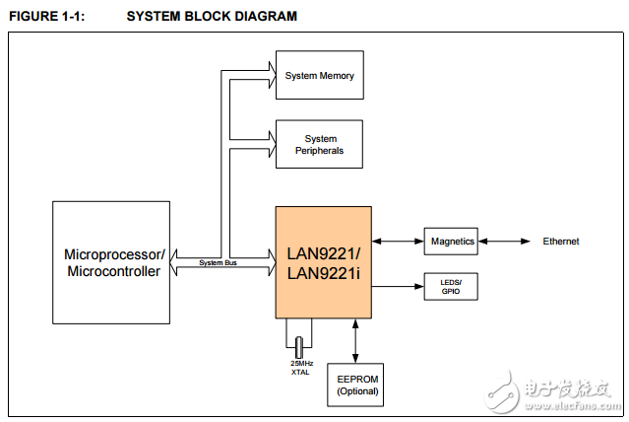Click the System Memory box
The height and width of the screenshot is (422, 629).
click(x=319, y=76)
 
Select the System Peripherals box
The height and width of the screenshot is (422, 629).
click(x=319, y=145)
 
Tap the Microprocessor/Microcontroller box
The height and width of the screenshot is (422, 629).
click(x=111, y=262)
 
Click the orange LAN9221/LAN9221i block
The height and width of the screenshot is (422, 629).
click(x=324, y=262)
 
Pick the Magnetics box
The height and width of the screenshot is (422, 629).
click(x=451, y=242)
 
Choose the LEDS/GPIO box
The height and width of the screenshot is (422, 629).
click(x=451, y=287)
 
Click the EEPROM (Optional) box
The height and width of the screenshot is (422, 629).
click(x=357, y=385)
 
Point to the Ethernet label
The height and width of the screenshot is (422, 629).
click(x=560, y=242)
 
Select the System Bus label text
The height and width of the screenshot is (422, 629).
click(x=218, y=263)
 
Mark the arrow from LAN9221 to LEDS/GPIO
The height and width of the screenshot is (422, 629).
click(x=399, y=287)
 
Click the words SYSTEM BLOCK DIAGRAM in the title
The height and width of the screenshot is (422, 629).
click(x=212, y=17)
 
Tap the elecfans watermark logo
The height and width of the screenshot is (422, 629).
click(x=556, y=392)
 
